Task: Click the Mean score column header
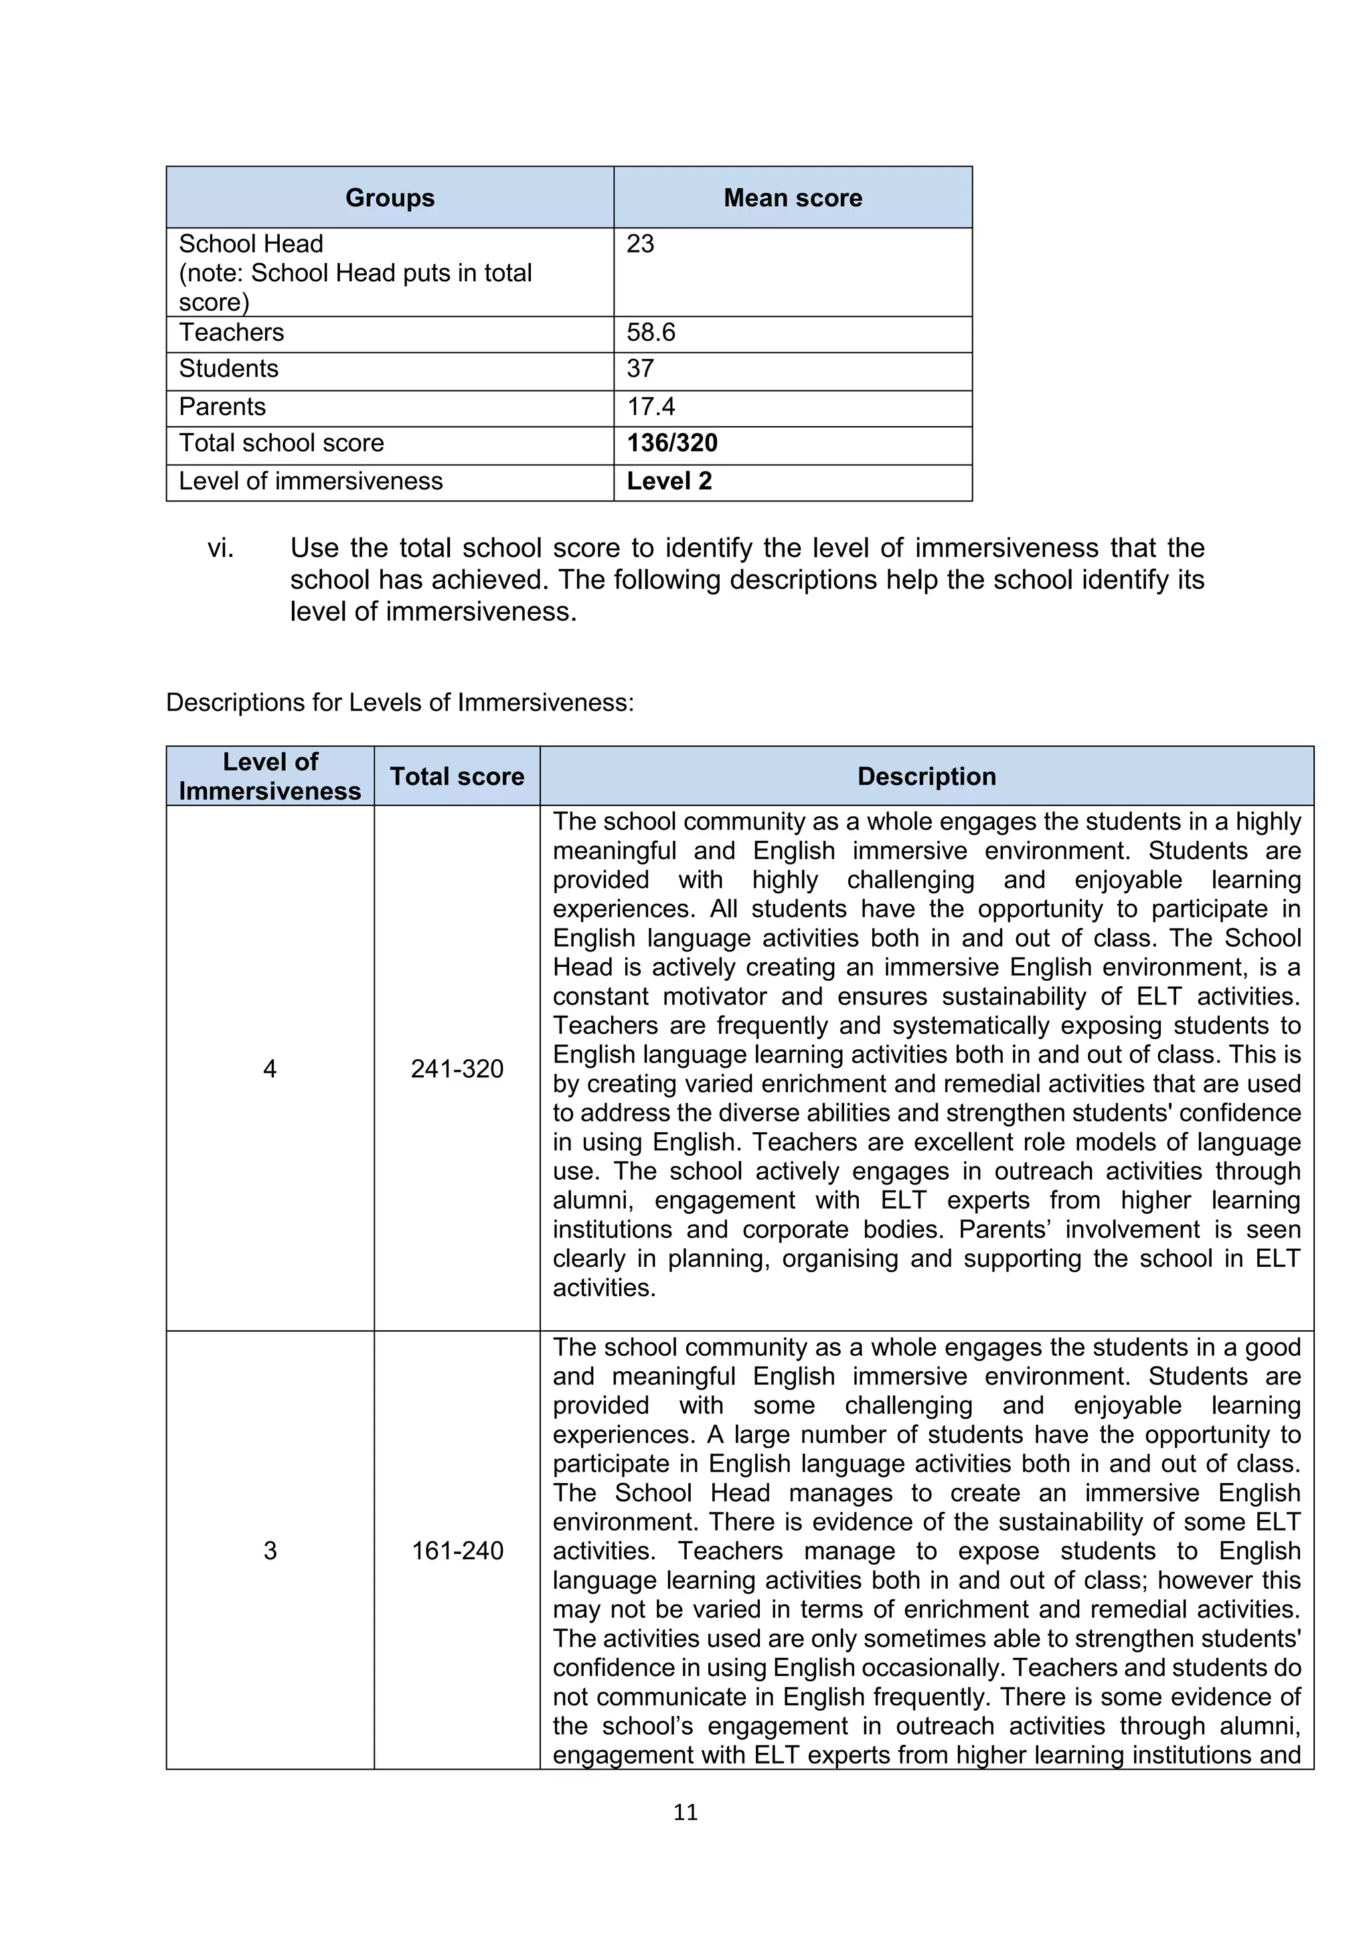(792, 198)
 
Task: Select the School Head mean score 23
(640, 244)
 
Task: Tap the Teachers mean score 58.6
(650, 333)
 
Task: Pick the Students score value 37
(640, 369)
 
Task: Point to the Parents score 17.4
(650, 407)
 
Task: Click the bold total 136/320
(671, 443)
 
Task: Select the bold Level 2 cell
(669, 481)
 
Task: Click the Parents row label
(222, 407)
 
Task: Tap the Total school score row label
(281, 443)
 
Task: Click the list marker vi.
(220, 548)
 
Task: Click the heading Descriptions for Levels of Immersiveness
(399, 702)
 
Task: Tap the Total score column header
(457, 776)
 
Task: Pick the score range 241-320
(457, 1069)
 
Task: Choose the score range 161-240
(457, 1551)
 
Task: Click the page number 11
(685, 1812)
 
